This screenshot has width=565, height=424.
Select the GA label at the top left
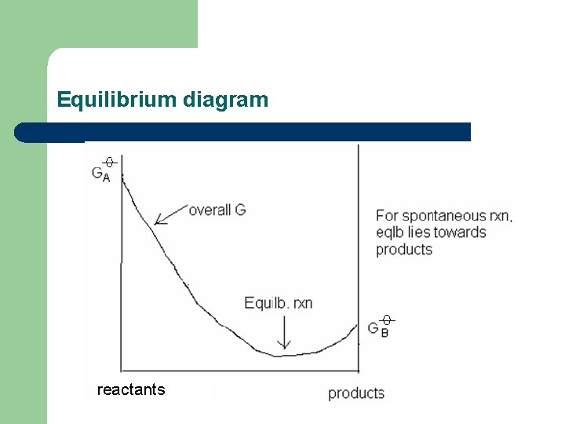coord(100,174)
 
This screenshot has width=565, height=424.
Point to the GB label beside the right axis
coord(377,328)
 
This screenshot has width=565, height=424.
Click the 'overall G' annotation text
coord(217,210)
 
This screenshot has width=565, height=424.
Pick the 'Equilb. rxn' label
coord(279,302)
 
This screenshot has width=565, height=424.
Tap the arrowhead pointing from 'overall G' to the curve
coord(159,221)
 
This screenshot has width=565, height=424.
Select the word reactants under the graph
coord(131,389)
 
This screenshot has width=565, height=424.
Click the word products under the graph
coord(356,393)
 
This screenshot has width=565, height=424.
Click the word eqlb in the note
coord(391,232)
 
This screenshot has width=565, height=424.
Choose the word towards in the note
coord(460,232)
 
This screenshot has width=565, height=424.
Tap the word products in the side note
coord(404,250)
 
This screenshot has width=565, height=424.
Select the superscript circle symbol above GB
coord(386,320)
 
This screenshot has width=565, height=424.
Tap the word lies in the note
coord(421,232)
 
